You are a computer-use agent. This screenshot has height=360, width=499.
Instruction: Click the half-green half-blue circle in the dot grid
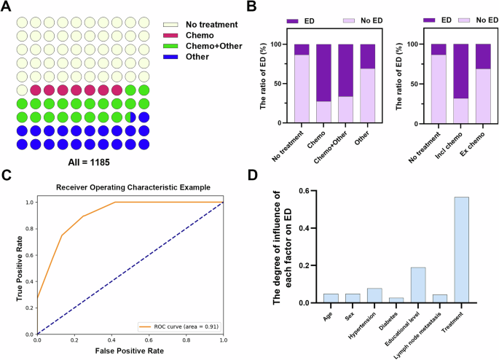tap(130, 117)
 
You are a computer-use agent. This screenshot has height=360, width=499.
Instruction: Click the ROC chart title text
tap(130, 187)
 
